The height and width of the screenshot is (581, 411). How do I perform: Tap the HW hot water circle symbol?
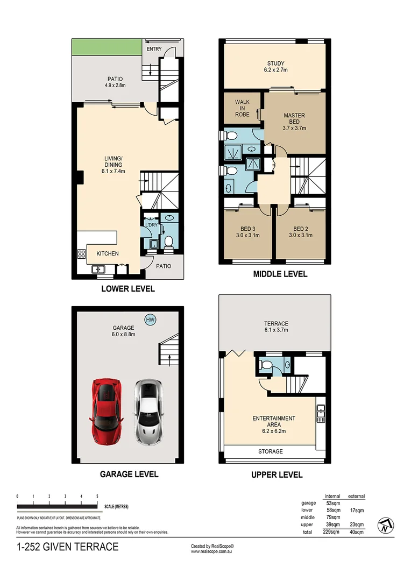[x=151, y=320]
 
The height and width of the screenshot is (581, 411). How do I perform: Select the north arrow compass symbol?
[x=385, y=525]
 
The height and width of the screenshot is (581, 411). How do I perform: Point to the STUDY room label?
[x=275, y=63]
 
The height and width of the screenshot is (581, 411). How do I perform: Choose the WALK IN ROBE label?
[x=240, y=108]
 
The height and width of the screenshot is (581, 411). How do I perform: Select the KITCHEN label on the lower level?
[x=108, y=253]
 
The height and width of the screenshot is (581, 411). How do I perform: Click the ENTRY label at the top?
[x=154, y=49]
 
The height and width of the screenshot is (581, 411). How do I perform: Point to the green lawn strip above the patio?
[x=108, y=46]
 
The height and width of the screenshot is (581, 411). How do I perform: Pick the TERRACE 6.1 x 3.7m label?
[x=276, y=327]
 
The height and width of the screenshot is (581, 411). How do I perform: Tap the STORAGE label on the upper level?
[x=270, y=451]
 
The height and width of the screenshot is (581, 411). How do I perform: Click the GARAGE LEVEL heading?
[x=129, y=474]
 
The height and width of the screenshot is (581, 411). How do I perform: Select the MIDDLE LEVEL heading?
[x=280, y=274]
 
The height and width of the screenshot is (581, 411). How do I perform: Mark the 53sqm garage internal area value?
[x=334, y=503]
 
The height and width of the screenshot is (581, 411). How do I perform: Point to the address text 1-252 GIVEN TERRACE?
[x=68, y=548]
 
